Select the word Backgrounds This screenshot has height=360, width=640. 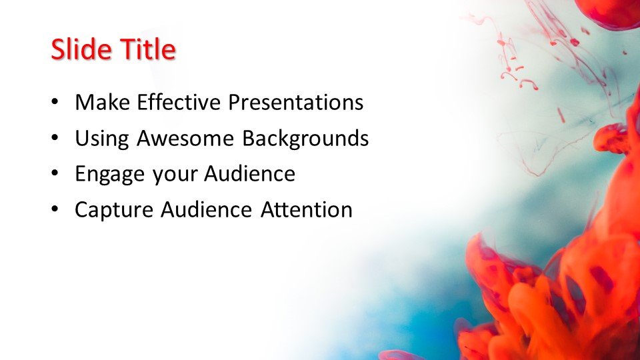tap(305, 139)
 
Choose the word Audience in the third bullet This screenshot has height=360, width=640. tap(249, 174)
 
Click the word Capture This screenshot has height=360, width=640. tap(114, 210)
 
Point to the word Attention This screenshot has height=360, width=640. tap(306, 210)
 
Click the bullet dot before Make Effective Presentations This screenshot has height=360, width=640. tap(55, 103)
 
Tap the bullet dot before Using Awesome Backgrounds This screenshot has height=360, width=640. tap(55, 139)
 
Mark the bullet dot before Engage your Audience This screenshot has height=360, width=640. tap(55, 175)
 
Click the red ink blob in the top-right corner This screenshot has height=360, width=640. tap(608, 12)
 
